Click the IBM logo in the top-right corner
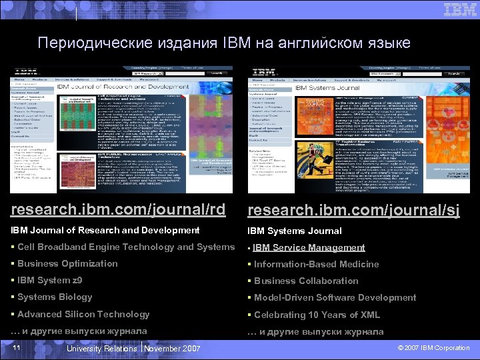pyautogui.click(x=460, y=10)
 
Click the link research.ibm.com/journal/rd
pyautogui.click(x=119, y=209)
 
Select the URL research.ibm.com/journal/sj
pyautogui.click(x=353, y=211)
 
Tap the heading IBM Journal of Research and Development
pyautogui.click(x=105, y=230)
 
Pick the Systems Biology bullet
pyautogui.click(x=55, y=297)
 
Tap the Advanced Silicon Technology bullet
pyautogui.click(x=83, y=314)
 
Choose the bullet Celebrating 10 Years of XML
pyautogui.click(x=317, y=315)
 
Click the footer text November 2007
pyautogui.click(x=172, y=349)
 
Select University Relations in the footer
pyautogui.click(x=103, y=349)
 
